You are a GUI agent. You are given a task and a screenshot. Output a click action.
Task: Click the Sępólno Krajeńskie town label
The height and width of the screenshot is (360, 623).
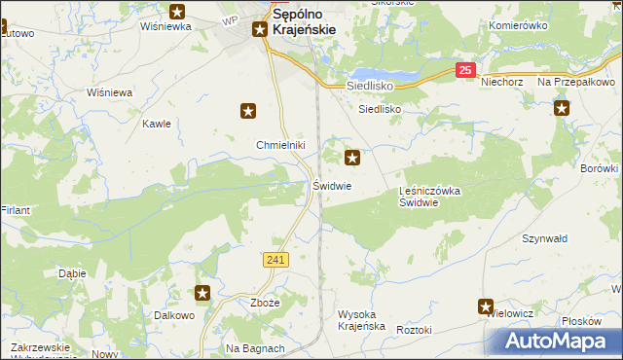coord(303,22)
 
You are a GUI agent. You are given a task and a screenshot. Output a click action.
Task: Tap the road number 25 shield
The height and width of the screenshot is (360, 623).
coord(466,70)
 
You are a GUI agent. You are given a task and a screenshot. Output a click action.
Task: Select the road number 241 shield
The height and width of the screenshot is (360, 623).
coord(275,260)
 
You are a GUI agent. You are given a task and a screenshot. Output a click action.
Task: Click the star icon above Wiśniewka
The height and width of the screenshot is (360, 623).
coord(177,12)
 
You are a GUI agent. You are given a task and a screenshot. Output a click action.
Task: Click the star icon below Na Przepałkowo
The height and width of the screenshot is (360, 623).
coord(562,109)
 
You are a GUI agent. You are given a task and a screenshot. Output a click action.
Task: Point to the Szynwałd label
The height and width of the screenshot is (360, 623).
coord(545,238)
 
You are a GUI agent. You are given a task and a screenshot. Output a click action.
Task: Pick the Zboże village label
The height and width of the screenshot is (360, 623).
coord(265,302)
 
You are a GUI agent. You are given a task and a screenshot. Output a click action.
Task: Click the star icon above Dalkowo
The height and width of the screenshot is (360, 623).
coord(202,293)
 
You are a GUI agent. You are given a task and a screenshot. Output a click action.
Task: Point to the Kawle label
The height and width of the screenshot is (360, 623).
coord(157,124)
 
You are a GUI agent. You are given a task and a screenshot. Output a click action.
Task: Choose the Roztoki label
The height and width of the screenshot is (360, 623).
coord(414,331)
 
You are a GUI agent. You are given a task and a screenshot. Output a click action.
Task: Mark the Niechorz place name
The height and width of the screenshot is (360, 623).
coord(502,83)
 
